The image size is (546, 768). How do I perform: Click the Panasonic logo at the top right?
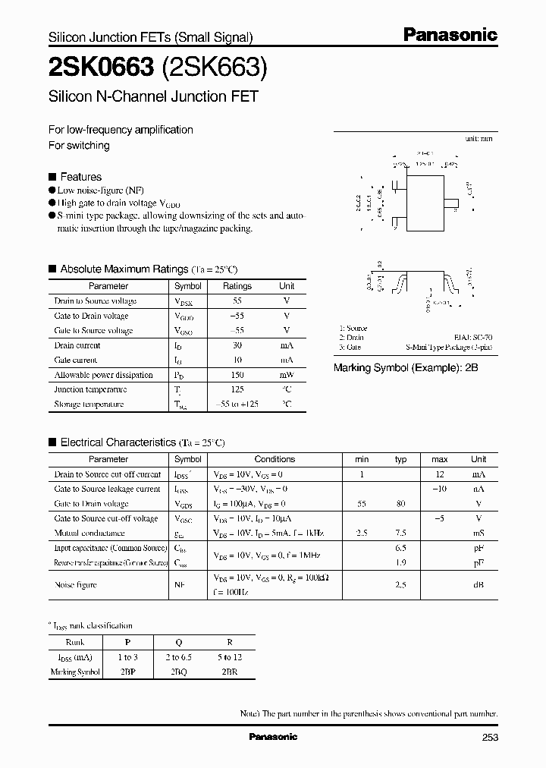(x=449, y=35)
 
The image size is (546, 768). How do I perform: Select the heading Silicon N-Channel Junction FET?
(x=153, y=97)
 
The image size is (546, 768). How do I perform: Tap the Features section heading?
(x=80, y=177)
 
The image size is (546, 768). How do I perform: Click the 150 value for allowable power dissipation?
(x=237, y=375)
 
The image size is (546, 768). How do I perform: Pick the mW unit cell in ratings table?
(x=287, y=375)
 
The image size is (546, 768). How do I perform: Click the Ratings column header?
(x=237, y=286)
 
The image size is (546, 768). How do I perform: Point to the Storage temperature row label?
(x=89, y=404)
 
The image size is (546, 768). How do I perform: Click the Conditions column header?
(x=275, y=459)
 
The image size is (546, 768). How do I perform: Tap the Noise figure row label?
(x=75, y=585)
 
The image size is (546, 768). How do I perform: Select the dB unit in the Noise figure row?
(x=479, y=585)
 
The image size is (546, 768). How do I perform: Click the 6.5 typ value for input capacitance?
(x=401, y=547)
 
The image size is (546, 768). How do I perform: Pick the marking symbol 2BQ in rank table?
(x=178, y=672)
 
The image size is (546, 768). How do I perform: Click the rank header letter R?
(x=230, y=642)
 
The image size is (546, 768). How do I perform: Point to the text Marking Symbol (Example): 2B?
(x=406, y=368)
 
